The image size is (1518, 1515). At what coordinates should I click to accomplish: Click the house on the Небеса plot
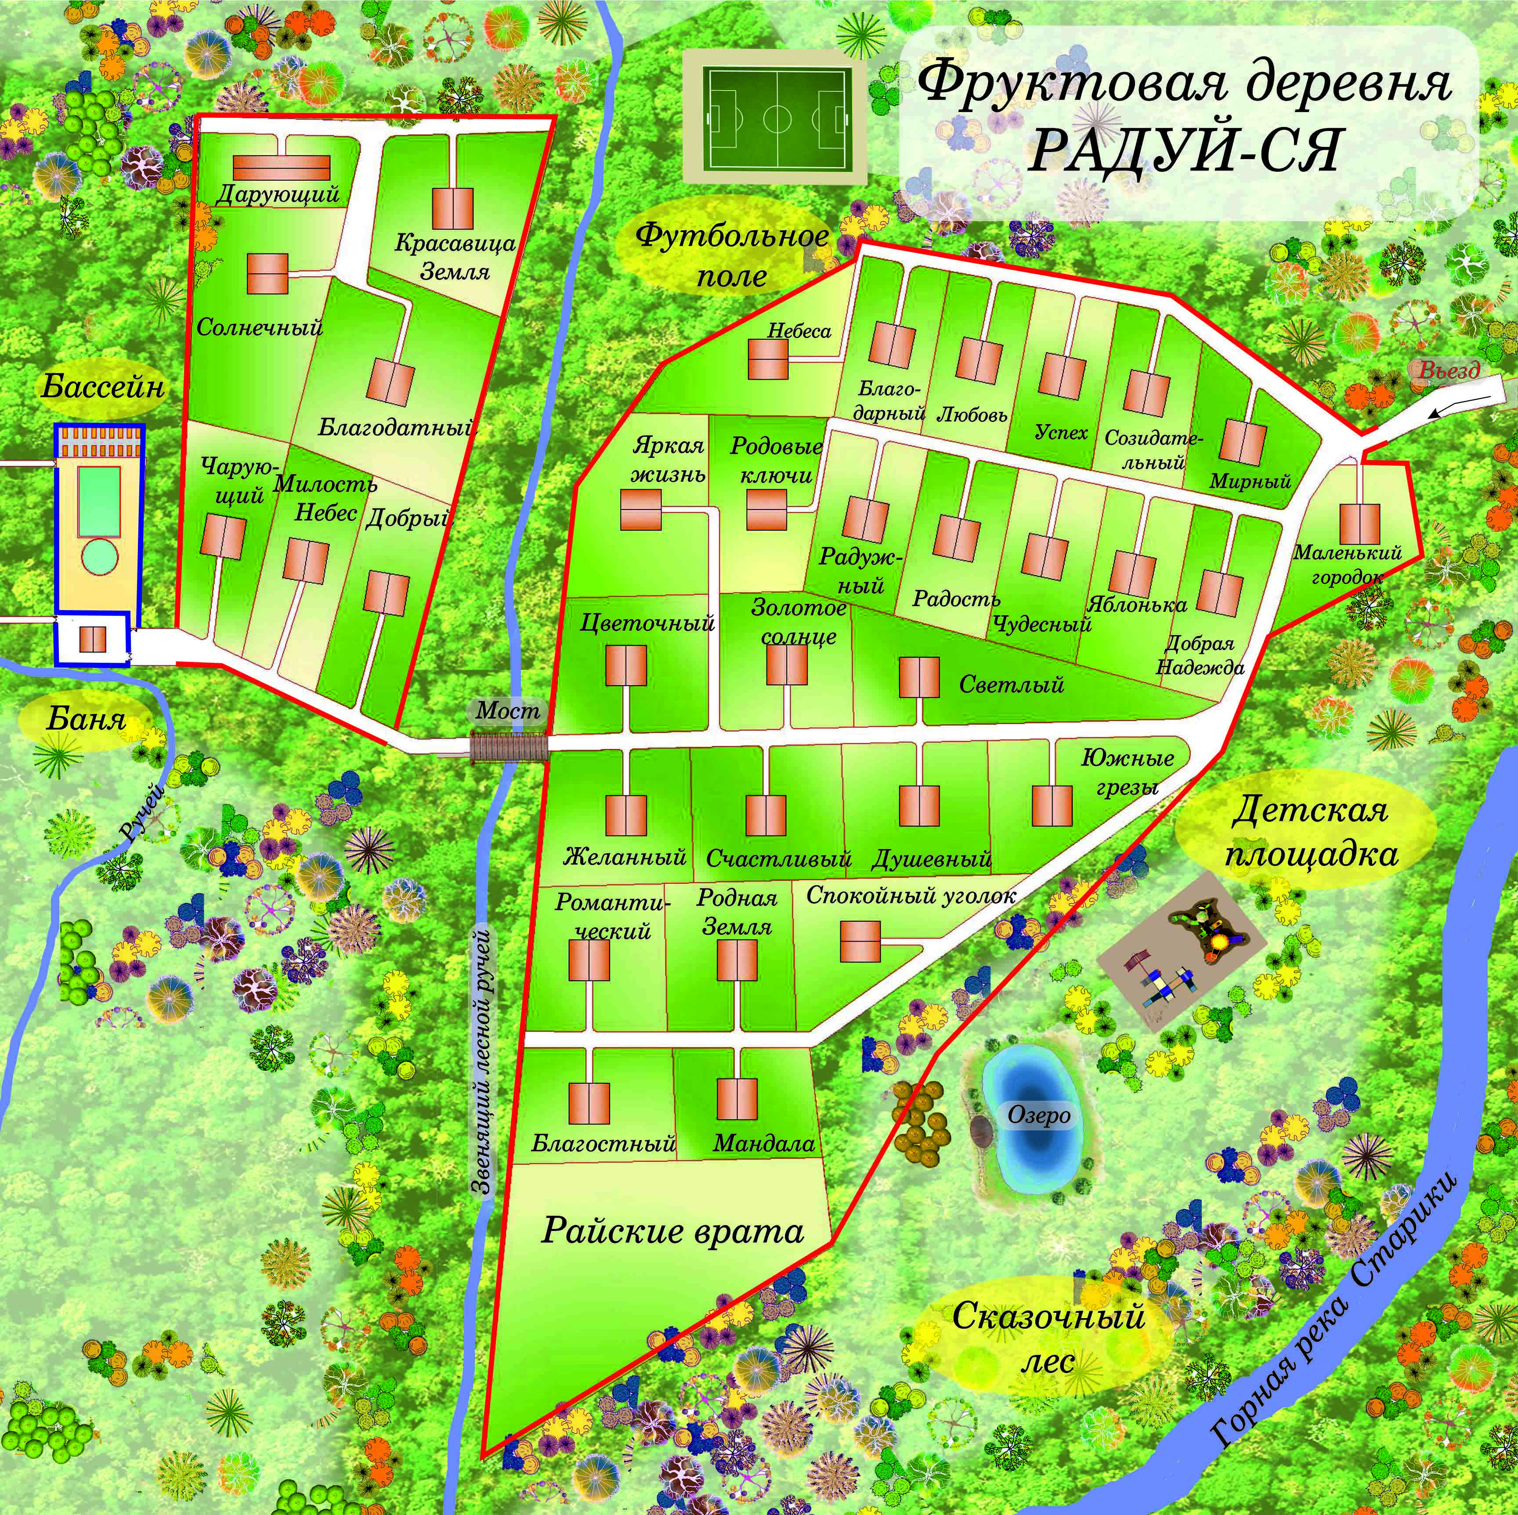[x=767, y=359]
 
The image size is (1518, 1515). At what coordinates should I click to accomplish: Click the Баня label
[x=85, y=718]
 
